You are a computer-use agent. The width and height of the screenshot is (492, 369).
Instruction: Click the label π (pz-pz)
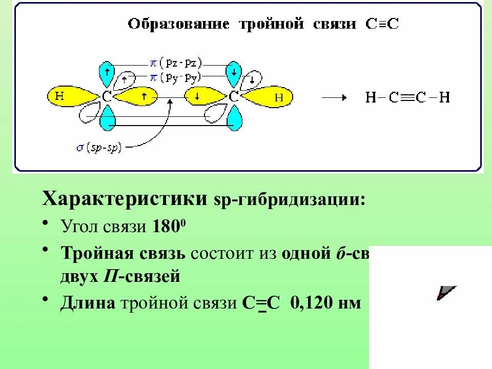pos(177,63)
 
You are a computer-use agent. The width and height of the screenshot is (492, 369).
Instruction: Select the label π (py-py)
pos(177,77)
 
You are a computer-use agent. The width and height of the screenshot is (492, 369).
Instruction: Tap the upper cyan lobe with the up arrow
pos(107,73)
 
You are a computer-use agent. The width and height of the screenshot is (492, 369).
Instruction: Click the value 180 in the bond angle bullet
pos(162,226)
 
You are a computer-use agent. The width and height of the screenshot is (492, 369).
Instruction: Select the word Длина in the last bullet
pos(88,303)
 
